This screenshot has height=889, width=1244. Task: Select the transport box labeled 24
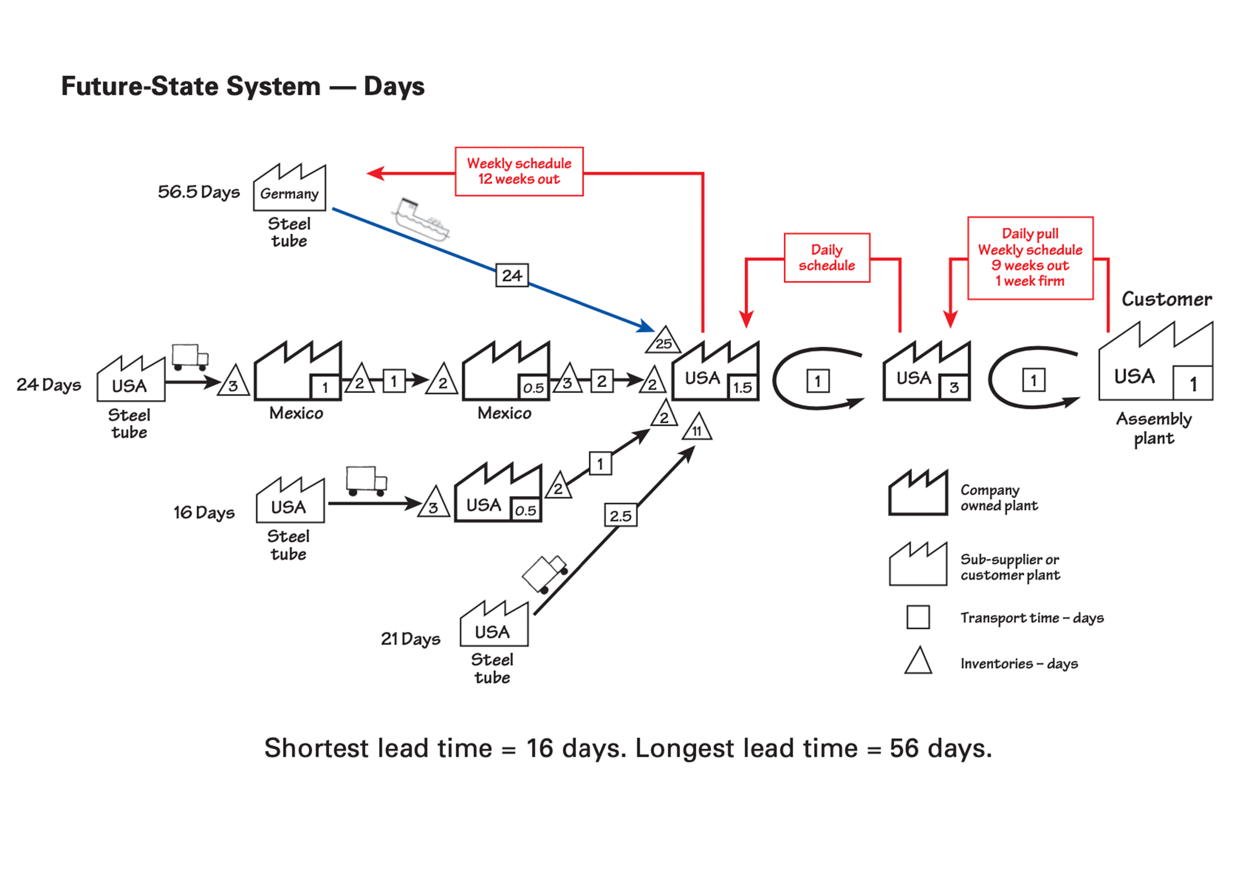click(512, 276)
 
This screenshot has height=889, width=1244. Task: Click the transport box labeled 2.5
click(620, 516)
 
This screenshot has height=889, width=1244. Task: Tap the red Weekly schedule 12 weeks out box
click(519, 171)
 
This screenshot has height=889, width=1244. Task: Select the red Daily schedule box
click(827, 258)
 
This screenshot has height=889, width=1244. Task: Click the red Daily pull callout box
click(1030, 258)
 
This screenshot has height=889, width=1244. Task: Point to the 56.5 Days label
click(199, 192)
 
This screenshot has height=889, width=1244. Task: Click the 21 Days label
click(411, 639)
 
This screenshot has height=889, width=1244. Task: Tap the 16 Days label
click(204, 513)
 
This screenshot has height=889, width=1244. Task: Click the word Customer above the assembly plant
click(1166, 299)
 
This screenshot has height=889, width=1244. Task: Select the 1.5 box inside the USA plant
click(742, 388)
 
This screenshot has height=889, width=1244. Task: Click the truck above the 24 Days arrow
click(190, 357)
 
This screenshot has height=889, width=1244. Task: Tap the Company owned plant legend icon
click(918, 493)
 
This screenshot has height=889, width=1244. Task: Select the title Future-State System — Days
click(243, 87)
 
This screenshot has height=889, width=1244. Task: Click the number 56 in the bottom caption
click(906, 749)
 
